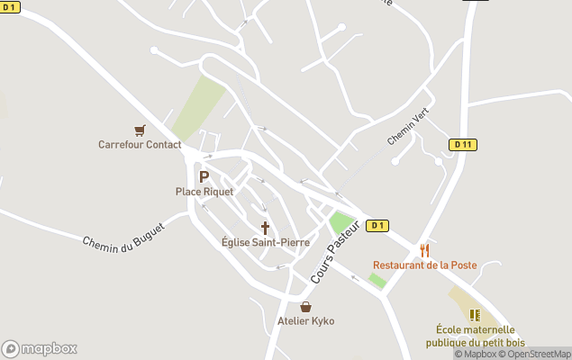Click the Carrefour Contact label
tap(140, 145)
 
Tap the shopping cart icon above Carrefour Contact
tap(140, 130)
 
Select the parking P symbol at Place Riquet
tap(204, 177)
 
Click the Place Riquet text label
tap(204, 192)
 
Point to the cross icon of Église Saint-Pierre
tap(265, 228)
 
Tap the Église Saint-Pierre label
tap(266, 242)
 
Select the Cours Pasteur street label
tap(336, 252)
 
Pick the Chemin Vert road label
tap(408, 126)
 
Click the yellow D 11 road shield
tap(462, 144)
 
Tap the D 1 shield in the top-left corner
tap(10, 7)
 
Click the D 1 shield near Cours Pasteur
tap(378, 226)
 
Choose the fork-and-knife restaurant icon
tap(424, 250)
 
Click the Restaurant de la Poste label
tap(425, 265)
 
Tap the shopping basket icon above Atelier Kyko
tap(306, 307)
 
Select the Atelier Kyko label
tap(306, 321)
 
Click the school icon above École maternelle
tap(475, 315)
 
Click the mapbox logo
tap(40, 348)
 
